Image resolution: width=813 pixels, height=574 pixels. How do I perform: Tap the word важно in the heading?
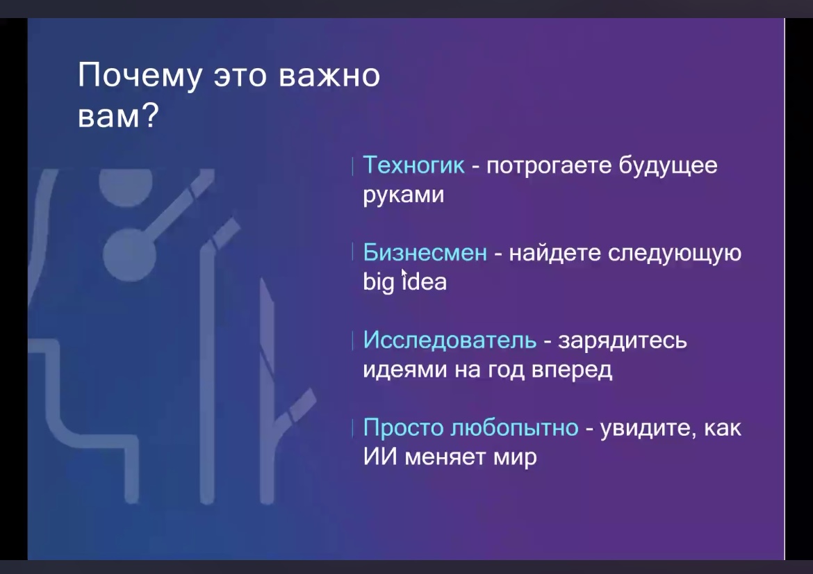point(330,76)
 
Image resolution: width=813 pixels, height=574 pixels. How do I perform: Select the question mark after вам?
point(150,115)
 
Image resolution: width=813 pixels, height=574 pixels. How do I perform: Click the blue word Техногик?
point(413,165)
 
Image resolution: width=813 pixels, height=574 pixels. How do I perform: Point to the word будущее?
point(668,166)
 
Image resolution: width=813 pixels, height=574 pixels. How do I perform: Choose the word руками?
point(404,195)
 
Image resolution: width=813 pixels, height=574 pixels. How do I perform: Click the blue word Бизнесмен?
point(425,252)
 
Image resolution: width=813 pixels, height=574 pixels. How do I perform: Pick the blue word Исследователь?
point(450,340)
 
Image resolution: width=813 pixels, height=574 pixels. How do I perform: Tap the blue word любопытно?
point(514,428)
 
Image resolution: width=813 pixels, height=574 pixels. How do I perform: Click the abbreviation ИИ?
point(380,457)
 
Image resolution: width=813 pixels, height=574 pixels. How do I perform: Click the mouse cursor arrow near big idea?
point(404,274)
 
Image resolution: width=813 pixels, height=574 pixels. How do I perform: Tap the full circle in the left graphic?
point(130,255)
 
